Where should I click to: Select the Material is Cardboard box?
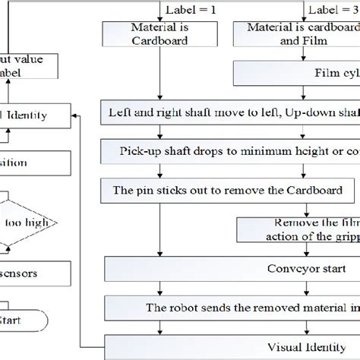pos(158,34)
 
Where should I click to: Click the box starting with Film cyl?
pos(296,74)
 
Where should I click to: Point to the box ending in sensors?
pos(27,272)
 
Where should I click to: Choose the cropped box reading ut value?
pos(27,65)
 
